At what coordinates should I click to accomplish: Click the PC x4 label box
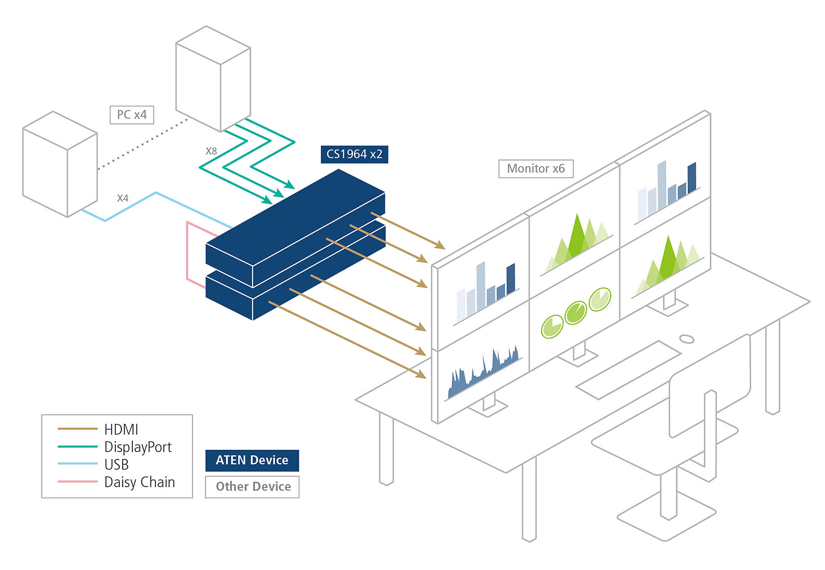(131, 115)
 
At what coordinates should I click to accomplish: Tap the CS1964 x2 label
(354, 154)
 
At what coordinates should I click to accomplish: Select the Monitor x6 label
(535, 169)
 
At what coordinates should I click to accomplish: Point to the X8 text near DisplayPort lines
(211, 151)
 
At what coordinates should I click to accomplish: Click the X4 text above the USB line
(122, 198)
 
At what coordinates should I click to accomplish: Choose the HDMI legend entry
(121, 429)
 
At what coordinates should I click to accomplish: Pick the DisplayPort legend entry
(137, 447)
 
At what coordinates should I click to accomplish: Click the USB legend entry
(116, 464)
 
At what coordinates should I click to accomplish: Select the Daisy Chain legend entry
(139, 482)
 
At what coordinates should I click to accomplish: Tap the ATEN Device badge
(252, 460)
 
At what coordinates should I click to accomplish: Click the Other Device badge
(252, 487)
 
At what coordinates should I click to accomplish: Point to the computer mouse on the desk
(686, 339)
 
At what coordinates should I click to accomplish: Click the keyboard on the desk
(629, 369)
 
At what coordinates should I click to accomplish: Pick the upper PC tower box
(213, 79)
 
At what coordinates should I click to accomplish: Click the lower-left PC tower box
(60, 164)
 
